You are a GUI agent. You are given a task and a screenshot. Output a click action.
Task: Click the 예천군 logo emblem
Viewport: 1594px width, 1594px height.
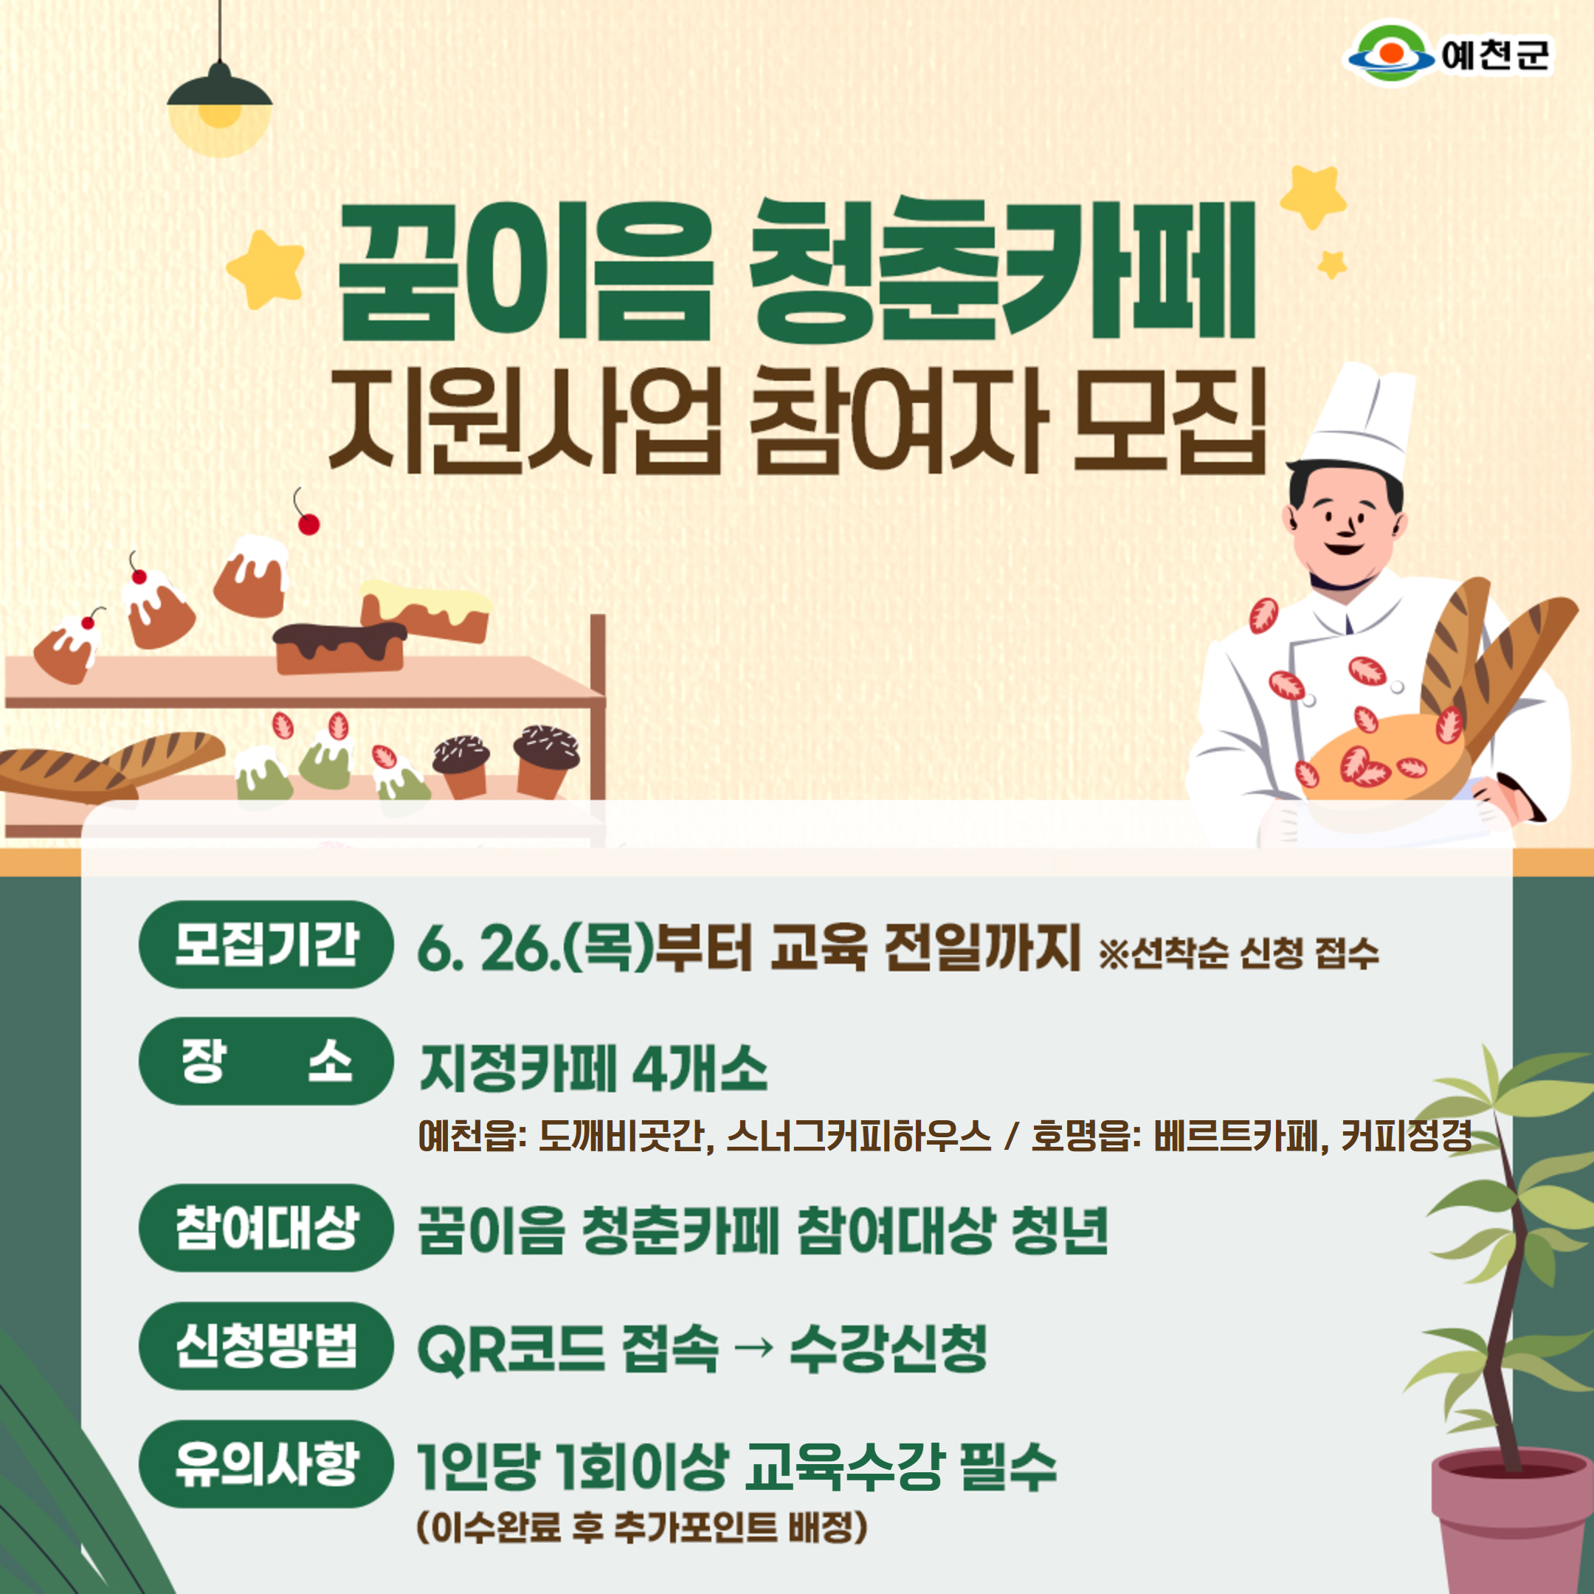click(x=1391, y=54)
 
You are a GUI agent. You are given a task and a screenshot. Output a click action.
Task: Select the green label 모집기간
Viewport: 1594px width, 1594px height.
click(x=266, y=945)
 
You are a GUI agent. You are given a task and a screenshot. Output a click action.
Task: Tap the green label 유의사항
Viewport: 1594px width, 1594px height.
click(x=266, y=1463)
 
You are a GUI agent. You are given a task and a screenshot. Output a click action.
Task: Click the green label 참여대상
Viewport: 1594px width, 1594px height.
click(x=266, y=1228)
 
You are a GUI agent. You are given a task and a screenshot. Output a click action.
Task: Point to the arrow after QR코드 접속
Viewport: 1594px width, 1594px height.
click(x=753, y=1348)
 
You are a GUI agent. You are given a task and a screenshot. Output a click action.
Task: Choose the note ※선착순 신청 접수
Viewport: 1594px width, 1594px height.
click(x=1238, y=953)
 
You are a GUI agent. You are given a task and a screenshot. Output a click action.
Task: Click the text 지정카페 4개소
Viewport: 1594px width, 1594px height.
click(x=593, y=1069)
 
